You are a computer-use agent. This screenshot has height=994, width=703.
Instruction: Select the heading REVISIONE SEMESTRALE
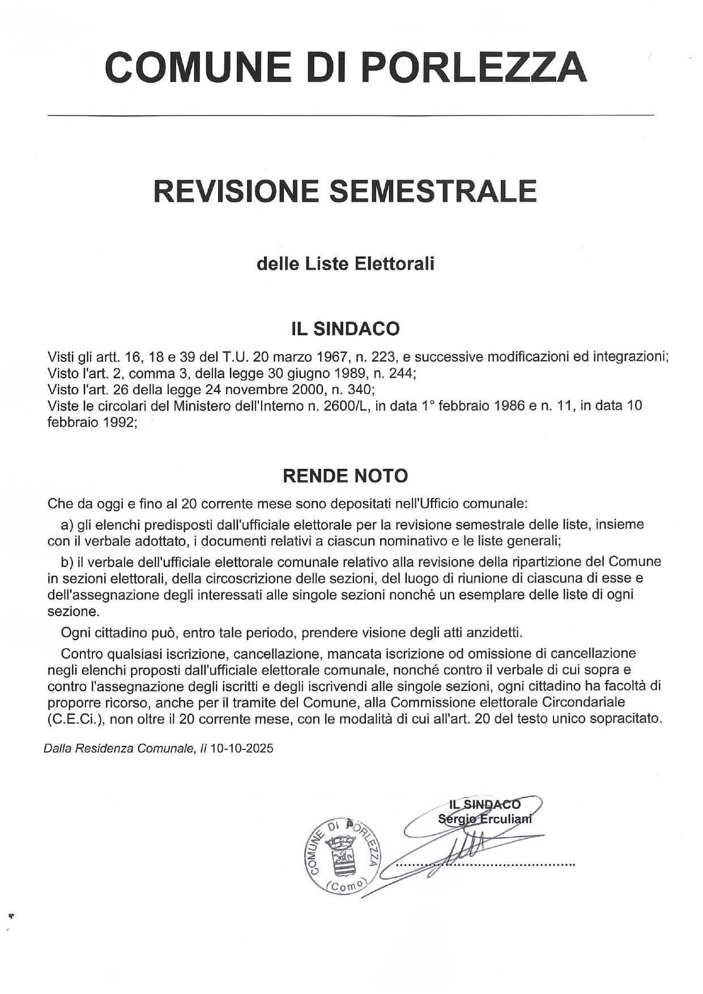(345, 191)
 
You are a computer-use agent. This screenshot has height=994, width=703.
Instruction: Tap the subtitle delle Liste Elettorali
(346, 263)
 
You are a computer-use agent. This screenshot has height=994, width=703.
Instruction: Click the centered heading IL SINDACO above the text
(345, 329)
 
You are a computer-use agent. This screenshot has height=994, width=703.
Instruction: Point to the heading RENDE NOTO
(345, 476)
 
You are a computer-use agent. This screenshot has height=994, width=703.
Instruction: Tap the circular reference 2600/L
(343, 406)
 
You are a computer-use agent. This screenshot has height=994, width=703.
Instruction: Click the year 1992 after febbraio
(119, 423)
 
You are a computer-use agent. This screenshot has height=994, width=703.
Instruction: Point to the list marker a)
(67, 524)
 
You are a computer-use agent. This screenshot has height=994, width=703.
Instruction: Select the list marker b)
(67, 562)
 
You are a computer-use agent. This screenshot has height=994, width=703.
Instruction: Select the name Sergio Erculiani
(484, 819)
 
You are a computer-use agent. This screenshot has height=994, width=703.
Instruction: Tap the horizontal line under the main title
(351, 116)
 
